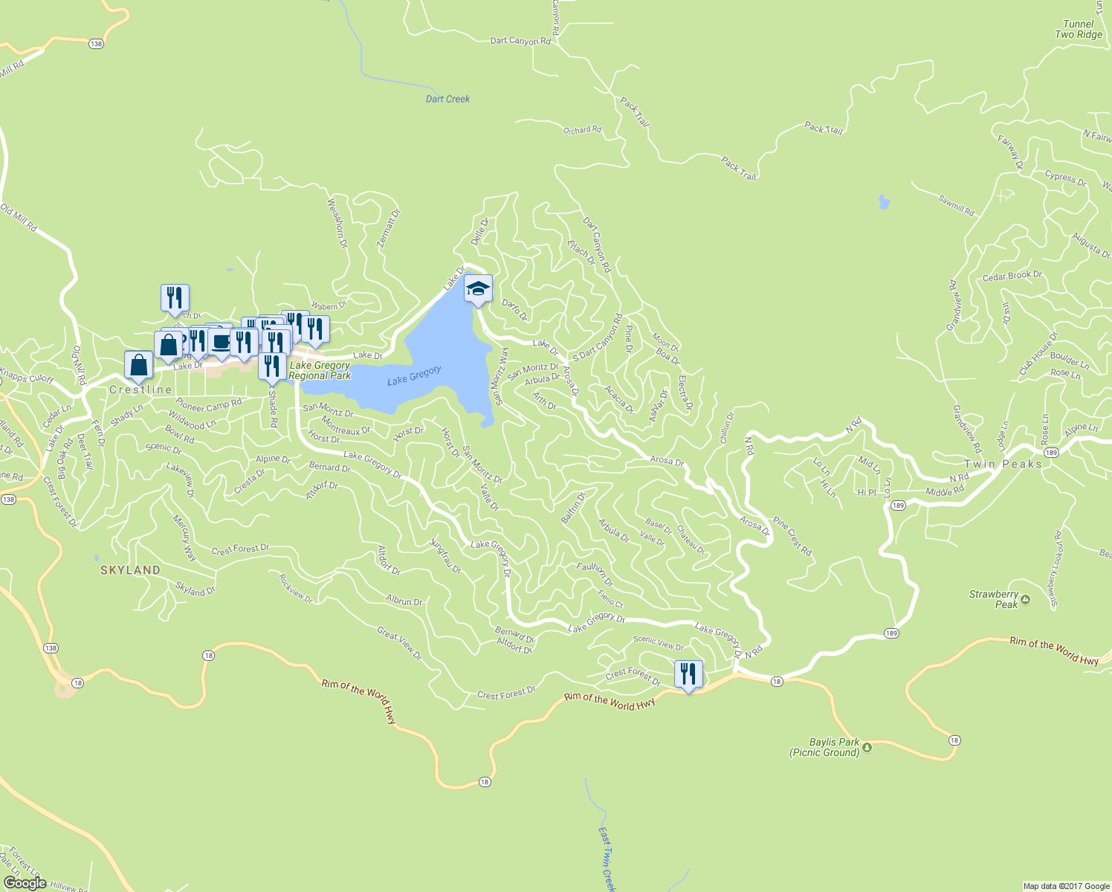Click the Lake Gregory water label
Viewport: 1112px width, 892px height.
click(414, 375)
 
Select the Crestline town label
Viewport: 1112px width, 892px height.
click(140, 390)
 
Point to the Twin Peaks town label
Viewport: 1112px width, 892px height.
click(1003, 464)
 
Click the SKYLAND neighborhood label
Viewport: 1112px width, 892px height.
click(130, 570)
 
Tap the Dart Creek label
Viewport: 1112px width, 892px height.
click(447, 99)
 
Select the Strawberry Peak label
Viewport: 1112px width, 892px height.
click(994, 599)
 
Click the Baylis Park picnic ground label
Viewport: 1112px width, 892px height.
click(824, 747)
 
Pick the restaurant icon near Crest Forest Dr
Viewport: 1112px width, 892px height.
click(688, 674)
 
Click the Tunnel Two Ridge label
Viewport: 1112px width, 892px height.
click(1078, 29)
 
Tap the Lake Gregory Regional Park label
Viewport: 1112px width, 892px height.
click(320, 370)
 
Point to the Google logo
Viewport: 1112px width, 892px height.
click(25, 882)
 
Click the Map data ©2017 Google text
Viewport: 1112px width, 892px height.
click(1066, 886)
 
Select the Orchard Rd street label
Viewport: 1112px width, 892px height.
click(582, 130)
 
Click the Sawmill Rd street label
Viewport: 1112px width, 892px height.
click(956, 206)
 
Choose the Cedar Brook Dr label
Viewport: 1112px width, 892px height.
click(1012, 277)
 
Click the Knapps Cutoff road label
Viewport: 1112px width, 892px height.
click(27, 376)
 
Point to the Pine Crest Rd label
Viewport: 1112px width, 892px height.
click(792, 536)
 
